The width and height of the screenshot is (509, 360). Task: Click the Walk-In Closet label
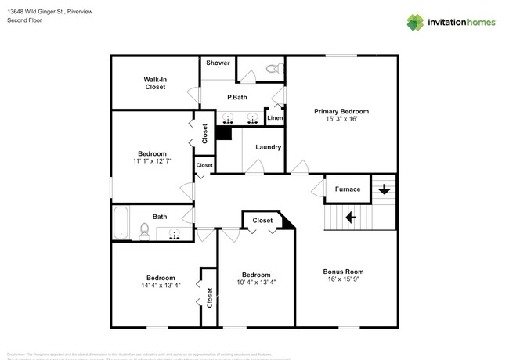tap(154, 83)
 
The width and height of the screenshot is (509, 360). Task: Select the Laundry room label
tap(268, 146)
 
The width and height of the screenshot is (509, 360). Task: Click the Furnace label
tap(348, 189)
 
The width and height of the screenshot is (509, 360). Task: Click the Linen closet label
tap(275, 118)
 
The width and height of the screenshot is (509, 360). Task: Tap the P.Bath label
tap(237, 98)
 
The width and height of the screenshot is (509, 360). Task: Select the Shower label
tap(218, 63)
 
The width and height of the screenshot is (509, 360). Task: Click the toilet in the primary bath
tap(273, 70)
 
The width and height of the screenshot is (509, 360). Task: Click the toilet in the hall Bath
tap(144, 231)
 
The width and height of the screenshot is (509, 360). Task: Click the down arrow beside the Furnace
tap(384, 189)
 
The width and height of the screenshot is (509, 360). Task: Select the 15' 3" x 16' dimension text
tap(341, 120)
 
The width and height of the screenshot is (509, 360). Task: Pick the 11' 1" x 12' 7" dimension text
tap(152, 160)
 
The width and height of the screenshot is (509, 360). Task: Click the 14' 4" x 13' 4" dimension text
tap(161, 285)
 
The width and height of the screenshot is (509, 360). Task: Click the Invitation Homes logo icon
tap(416, 22)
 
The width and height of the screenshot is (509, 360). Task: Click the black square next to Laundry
tap(223, 133)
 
